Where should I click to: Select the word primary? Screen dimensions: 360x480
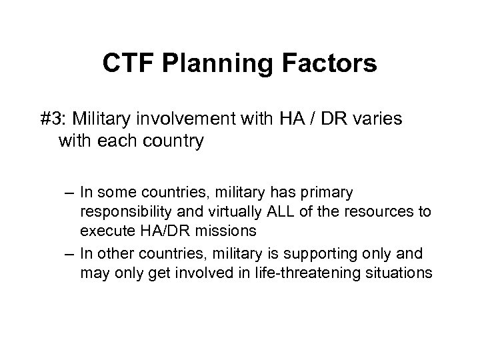pyautogui.click(x=331, y=193)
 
